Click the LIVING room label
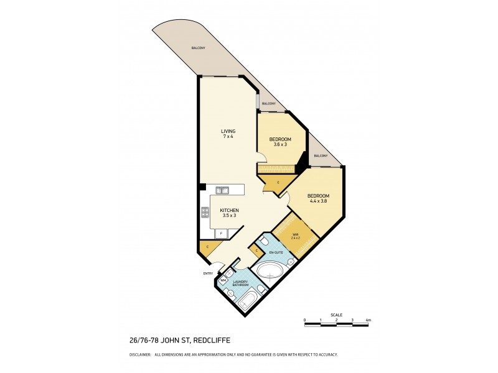(x=228, y=131)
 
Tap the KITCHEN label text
(x=229, y=210)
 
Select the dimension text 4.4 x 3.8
(x=317, y=201)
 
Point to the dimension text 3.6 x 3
(x=280, y=144)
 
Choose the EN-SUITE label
(x=275, y=253)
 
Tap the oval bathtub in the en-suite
(x=271, y=270)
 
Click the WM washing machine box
(x=223, y=281)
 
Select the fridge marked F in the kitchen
(x=221, y=234)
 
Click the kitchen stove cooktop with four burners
(x=204, y=212)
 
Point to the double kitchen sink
(x=222, y=190)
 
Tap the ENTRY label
(x=208, y=274)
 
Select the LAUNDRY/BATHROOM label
(x=240, y=283)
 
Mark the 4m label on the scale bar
(x=369, y=320)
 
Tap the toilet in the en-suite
(x=263, y=240)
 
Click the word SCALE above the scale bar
(x=337, y=315)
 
